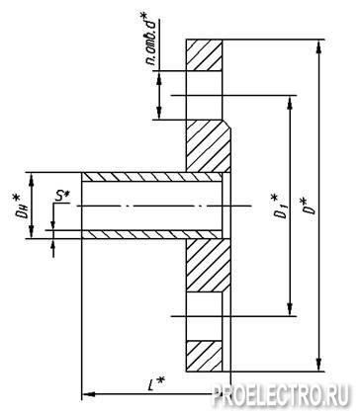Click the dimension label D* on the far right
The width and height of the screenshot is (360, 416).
(309, 207)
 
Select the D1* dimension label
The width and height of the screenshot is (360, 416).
(278, 207)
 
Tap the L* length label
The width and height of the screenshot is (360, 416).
(155, 384)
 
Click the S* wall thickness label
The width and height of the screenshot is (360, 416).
(62, 197)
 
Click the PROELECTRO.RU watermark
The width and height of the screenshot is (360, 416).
(280, 394)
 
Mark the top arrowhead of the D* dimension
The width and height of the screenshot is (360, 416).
(318, 45)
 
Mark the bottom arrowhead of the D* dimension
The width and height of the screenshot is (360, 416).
(318, 365)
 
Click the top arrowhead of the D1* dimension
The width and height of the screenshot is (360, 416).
(290, 102)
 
